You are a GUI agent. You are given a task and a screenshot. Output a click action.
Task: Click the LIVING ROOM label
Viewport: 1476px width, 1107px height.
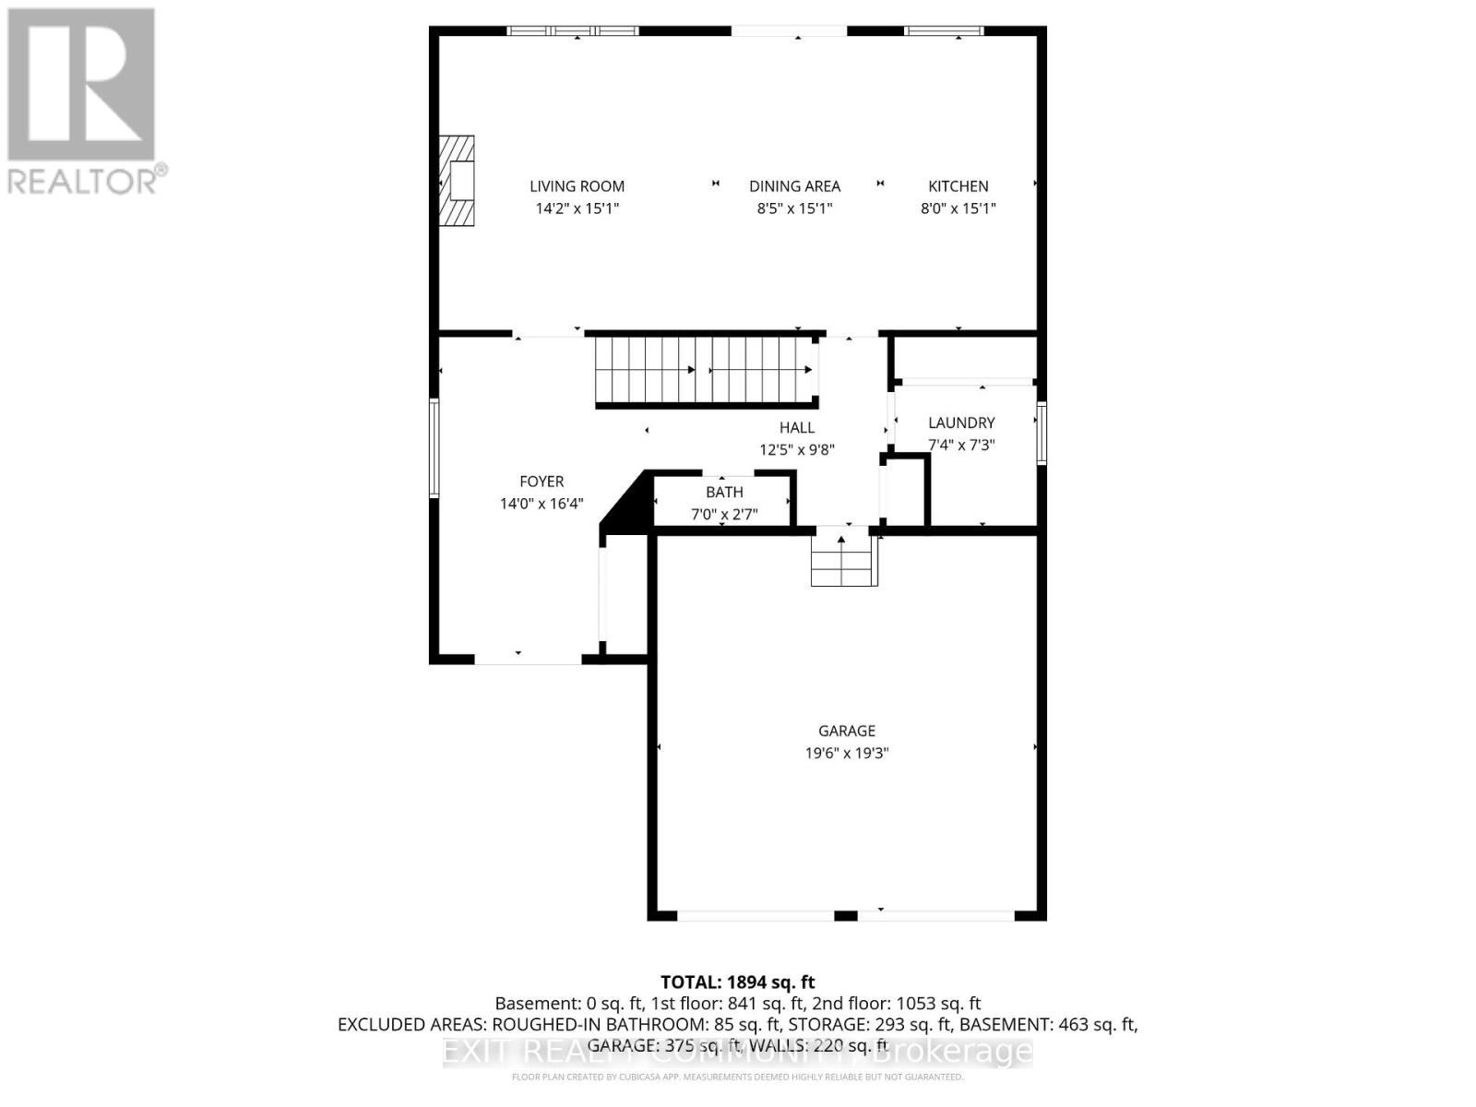pyautogui.click(x=577, y=186)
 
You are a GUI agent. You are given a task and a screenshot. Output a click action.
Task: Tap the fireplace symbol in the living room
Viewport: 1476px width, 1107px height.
pyautogui.click(x=458, y=181)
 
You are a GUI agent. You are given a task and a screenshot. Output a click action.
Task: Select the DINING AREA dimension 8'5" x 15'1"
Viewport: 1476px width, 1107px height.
pyautogui.click(x=794, y=208)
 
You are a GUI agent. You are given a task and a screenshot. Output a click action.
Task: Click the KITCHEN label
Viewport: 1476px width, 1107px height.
pyautogui.click(x=958, y=186)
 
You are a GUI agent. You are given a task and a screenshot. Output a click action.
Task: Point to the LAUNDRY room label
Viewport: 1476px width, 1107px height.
pyautogui.click(x=960, y=423)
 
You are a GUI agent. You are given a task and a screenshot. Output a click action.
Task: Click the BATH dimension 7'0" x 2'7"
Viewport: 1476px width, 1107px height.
pyautogui.click(x=724, y=515)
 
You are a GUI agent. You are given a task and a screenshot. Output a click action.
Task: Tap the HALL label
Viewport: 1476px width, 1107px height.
pyautogui.click(x=796, y=427)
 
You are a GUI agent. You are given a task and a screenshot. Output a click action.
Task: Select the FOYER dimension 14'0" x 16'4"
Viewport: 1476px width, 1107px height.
pyautogui.click(x=542, y=504)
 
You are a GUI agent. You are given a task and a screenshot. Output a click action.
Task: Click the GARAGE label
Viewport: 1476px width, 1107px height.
pyautogui.click(x=846, y=731)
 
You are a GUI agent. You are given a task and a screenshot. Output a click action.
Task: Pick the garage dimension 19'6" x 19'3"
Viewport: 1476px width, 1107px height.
pyautogui.click(x=846, y=753)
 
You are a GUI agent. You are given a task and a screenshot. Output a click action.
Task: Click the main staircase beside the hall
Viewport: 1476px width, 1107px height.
pyautogui.click(x=705, y=371)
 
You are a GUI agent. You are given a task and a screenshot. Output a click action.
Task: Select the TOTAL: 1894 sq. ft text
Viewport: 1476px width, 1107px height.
pyautogui.click(x=737, y=982)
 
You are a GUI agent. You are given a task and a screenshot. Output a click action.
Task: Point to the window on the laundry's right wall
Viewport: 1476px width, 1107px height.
pyautogui.click(x=1042, y=433)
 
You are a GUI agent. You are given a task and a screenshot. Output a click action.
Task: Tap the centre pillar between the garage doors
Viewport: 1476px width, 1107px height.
pyautogui.click(x=845, y=915)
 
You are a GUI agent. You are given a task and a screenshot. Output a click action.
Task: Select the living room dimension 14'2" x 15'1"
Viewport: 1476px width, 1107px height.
pyautogui.click(x=577, y=208)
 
